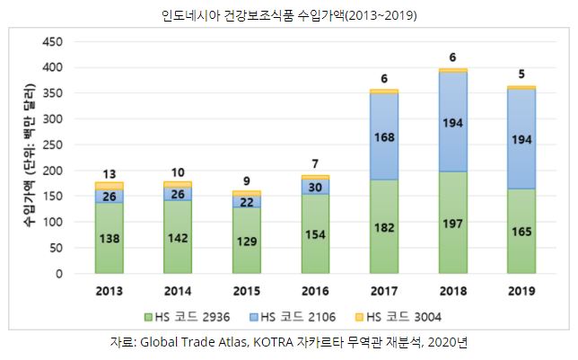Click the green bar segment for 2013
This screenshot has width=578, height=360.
[x=109, y=238]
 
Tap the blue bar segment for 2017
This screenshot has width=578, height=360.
[x=384, y=136]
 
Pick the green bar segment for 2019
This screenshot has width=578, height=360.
[x=521, y=232]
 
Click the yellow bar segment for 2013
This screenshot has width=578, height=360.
[x=109, y=186]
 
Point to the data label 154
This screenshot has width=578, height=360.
[x=315, y=233]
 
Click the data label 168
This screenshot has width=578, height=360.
[x=384, y=136]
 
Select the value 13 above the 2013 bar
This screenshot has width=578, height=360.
[x=109, y=173]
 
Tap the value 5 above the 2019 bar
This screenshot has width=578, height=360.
[x=521, y=75]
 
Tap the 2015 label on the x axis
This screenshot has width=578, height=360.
[x=247, y=291]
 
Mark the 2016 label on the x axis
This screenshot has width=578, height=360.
[x=315, y=291]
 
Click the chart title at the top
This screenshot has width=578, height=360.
[x=289, y=15]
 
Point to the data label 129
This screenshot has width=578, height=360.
[x=247, y=241]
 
